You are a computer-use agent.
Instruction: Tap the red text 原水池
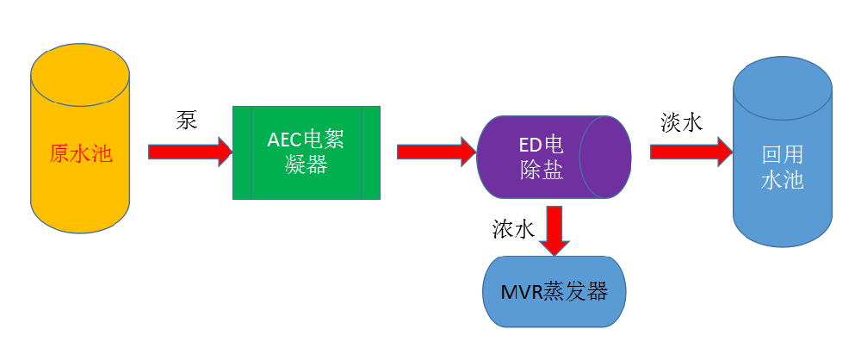click(x=82, y=153)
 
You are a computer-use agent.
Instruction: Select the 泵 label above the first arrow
click(x=186, y=120)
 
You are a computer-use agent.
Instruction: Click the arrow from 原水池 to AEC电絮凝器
click(x=189, y=152)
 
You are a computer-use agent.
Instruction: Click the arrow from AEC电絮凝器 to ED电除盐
click(x=436, y=152)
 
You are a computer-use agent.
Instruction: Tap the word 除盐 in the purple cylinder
click(x=541, y=171)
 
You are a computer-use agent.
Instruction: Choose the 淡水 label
click(x=681, y=121)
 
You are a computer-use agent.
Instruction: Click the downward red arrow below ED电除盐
click(x=554, y=229)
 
